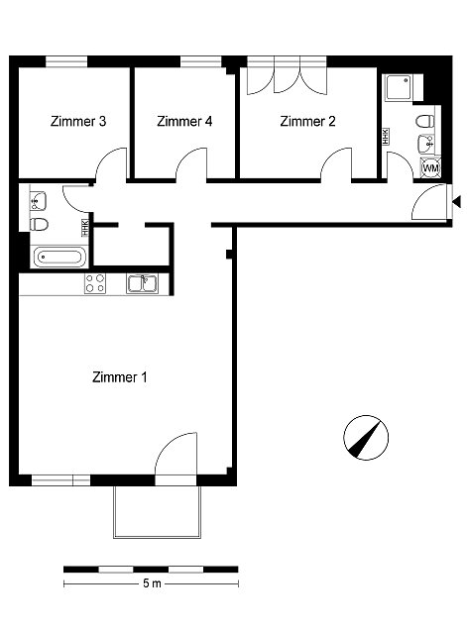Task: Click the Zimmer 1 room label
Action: pos(120,377)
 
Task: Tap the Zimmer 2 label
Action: pos(307,121)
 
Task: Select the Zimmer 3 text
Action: pos(78,121)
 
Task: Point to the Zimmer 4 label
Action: pos(184,121)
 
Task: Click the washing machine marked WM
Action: pos(430,167)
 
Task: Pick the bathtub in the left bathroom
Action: pos(59,257)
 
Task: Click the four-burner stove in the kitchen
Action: pos(95,283)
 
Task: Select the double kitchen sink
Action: pos(142,283)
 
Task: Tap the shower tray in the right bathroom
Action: pos(399,87)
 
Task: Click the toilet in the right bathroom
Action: pos(425,121)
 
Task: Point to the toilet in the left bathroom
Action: pos(39,225)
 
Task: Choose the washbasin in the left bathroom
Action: pos(39,201)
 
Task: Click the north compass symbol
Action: pos(366,438)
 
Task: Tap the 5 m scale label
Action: pos(152,583)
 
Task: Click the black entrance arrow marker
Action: pos(456,201)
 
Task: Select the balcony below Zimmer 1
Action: pos(157,512)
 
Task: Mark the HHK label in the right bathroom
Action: pos(386,137)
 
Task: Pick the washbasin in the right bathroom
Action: pos(426,144)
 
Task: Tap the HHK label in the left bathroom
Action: pos(85,227)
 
